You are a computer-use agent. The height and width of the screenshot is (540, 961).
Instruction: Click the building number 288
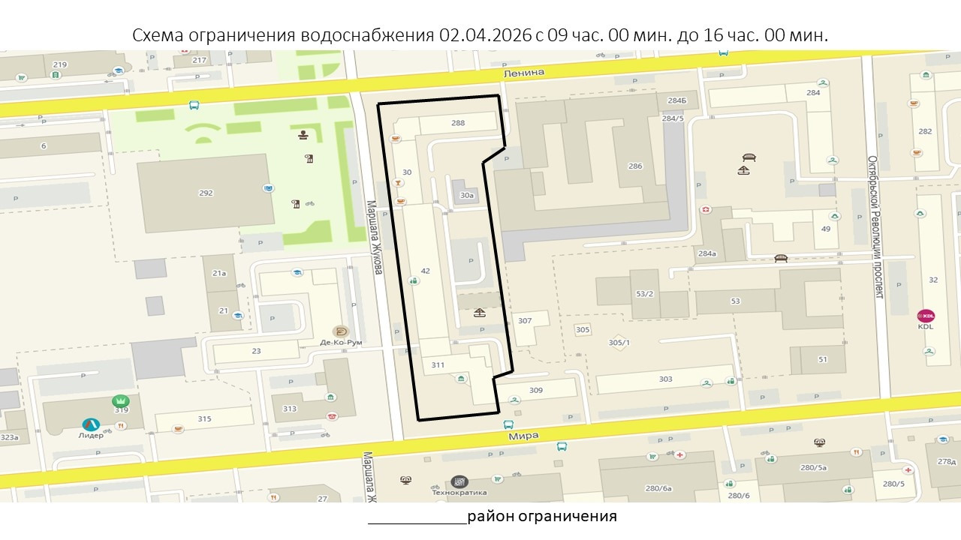(x=458, y=123)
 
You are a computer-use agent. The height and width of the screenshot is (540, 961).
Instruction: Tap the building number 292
(x=206, y=193)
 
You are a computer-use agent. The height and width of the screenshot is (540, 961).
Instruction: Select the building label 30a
(x=467, y=195)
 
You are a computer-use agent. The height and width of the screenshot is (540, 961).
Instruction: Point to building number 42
(x=425, y=271)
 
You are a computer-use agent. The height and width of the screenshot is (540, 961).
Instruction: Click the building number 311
(x=438, y=365)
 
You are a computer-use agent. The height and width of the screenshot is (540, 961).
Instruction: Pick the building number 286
(x=635, y=166)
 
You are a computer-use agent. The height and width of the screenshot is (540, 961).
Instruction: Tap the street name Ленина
(x=524, y=72)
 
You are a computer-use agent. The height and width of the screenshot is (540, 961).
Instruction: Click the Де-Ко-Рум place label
(x=341, y=342)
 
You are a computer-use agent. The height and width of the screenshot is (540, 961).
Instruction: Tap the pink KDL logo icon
(x=926, y=315)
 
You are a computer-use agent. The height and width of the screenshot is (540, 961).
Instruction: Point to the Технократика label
(x=459, y=493)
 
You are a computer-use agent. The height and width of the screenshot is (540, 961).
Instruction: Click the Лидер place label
(x=91, y=435)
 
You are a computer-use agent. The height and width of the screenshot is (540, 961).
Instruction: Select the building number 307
(x=525, y=321)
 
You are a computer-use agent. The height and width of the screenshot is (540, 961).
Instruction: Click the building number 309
(x=535, y=390)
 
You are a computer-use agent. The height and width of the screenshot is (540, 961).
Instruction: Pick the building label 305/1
(x=619, y=343)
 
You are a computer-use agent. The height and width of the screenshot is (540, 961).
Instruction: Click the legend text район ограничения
(x=541, y=516)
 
